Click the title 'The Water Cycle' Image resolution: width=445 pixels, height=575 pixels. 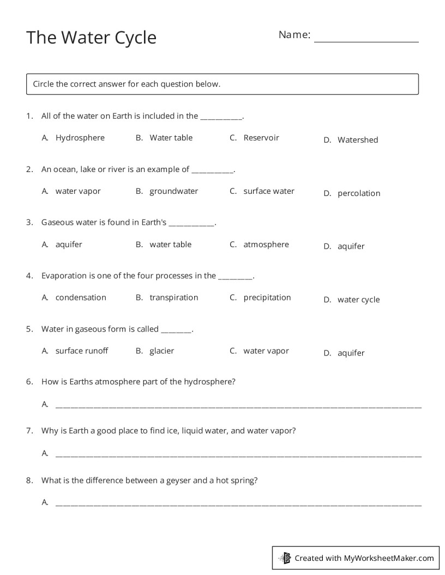91,38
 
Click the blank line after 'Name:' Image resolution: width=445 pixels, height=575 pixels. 366,38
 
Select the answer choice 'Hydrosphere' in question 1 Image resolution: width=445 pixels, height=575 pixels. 80,138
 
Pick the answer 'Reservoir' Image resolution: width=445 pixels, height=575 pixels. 261,138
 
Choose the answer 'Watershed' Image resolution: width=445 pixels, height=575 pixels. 357,140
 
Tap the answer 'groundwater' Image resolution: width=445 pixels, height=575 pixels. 173,191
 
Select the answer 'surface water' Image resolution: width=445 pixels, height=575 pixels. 268,191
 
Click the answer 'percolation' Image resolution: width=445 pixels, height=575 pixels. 358,193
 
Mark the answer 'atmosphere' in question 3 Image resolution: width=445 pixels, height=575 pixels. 266,244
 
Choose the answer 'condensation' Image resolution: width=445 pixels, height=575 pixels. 81,297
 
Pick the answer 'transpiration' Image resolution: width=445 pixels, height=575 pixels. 173,297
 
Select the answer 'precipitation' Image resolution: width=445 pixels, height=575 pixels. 267,297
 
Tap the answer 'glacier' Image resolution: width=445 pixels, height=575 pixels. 161,351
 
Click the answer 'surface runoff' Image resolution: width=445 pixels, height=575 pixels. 81,351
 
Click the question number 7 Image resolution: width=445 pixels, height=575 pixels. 29,431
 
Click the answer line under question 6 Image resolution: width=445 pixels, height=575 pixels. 238,406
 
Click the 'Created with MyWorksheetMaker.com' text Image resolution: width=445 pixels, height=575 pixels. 364,558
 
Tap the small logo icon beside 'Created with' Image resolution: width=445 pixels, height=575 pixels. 285,558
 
